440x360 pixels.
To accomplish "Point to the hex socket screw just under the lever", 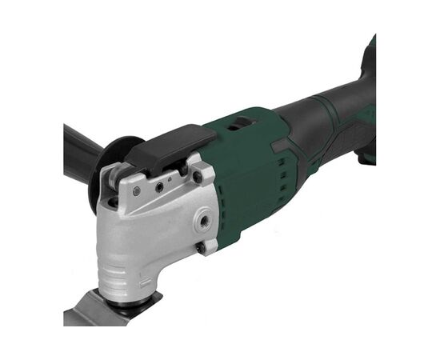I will [160, 186].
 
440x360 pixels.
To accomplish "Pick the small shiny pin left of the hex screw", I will [137, 190].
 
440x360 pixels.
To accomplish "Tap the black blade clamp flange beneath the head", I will [132, 299].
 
